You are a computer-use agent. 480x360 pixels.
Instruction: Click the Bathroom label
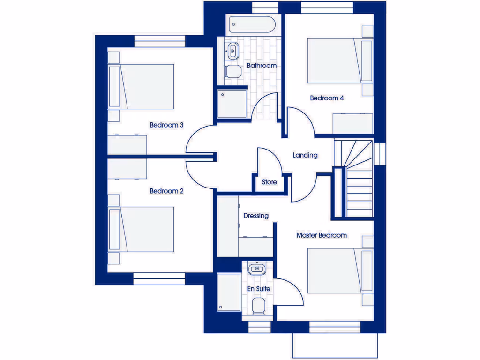[262, 66]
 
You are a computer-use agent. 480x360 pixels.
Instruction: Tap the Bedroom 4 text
[327, 98]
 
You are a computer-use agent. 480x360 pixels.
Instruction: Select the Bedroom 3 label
[166, 125]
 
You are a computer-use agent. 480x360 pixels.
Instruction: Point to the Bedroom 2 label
[166, 191]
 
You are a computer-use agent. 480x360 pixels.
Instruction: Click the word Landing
[305, 155]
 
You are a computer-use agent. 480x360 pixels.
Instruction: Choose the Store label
[269, 182]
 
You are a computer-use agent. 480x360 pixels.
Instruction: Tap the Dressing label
[256, 216]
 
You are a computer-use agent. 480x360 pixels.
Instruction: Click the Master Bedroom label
[322, 235]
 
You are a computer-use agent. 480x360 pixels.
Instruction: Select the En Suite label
[259, 289]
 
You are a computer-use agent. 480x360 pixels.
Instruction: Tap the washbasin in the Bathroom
[232, 51]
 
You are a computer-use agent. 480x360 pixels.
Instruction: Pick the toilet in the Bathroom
[232, 72]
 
